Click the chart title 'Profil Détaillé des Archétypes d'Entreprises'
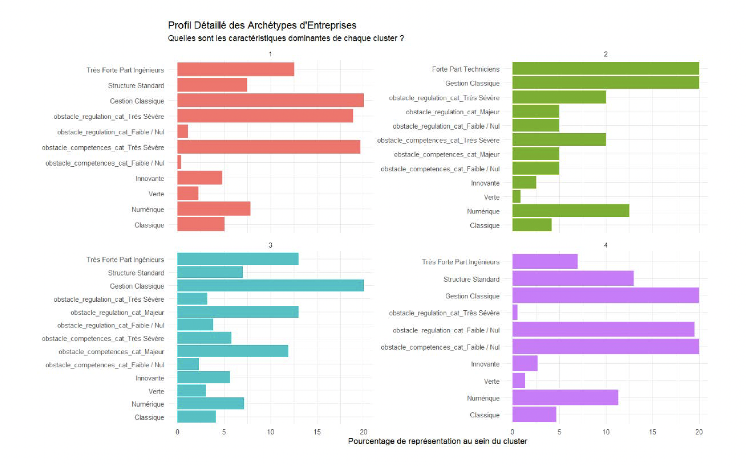(262, 25)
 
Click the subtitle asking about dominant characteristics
(286, 38)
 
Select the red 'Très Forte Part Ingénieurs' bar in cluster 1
(235, 69)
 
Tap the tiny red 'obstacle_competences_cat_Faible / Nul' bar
(179, 162)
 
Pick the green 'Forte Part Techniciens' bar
(605, 68)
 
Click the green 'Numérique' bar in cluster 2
(571, 211)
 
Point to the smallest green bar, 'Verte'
(516, 196)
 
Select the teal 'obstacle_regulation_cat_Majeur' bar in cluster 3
(238, 312)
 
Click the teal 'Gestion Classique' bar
(270, 286)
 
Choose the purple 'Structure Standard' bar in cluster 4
(573, 278)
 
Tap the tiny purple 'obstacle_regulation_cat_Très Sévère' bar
(515, 312)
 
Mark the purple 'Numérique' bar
(565, 397)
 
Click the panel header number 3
(270, 245)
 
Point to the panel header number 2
(606, 54)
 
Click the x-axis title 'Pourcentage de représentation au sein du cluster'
(437, 441)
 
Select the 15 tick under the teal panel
(317, 432)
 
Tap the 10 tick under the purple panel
(606, 432)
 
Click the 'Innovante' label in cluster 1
(150, 178)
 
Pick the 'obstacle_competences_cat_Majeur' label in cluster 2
(447, 154)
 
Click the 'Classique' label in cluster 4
(485, 415)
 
